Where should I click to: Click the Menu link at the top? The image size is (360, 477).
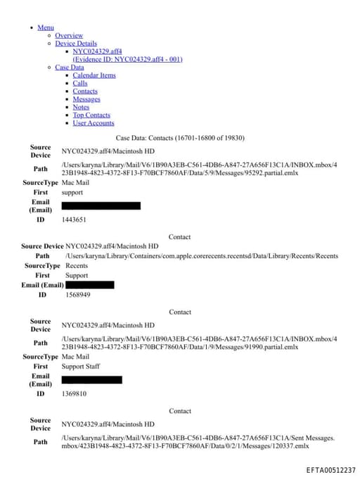pyautogui.click(x=46, y=27)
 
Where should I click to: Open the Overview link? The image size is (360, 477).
pyautogui.click(x=69, y=35)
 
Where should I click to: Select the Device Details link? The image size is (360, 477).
pyautogui.click(x=76, y=43)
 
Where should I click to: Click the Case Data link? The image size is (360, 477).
pyautogui.click(x=69, y=67)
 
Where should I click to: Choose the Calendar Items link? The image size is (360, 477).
pyautogui.click(x=94, y=75)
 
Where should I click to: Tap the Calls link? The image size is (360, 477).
pyautogui.click(x=80, y=83)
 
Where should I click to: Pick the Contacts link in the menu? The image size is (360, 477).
pyautogui.click(x=85, y=91)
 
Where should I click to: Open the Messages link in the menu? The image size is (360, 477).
pyautogui.click(x=86, y=99)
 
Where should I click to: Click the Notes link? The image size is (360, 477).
pyautogui.click(x=81, y=107)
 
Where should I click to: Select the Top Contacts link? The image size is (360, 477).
pyautogui.click(x=91, y=115)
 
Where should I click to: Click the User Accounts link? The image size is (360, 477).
pyautogui.click(x=94, y=123)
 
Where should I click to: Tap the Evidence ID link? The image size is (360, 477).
pyautogui.click(x=127, y=59)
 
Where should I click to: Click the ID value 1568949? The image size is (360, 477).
pyautogui.click(x=78, y=295)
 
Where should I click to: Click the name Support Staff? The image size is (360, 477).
pyautogui.click(x=81, y=367)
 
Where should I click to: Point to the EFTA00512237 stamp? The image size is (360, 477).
pyautogui.click(x=331, y=470)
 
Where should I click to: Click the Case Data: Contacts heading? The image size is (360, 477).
pyautogui.click(x=180, y=137)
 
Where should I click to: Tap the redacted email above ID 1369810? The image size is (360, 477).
pyautogui.click(x=91, y=380)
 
